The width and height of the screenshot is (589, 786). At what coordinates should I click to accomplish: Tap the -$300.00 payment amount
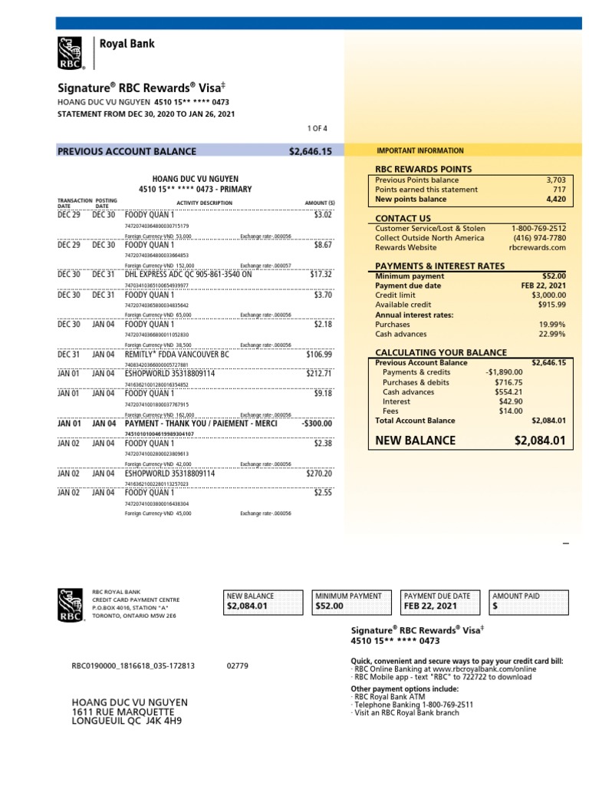(316, 424)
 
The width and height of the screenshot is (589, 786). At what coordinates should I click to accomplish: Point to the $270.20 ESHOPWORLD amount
(318, 474)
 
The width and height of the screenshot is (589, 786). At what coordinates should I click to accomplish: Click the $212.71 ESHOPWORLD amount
(318, 374)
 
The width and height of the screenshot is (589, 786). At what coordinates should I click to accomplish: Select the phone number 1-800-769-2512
(538, 229)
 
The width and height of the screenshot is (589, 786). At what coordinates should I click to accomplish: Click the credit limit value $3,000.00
(546, 295)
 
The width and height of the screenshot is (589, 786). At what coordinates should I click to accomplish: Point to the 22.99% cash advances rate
(551, 334)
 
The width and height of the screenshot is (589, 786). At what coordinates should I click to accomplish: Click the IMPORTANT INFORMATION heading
(420, 151)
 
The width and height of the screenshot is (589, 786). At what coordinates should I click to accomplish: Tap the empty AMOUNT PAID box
(530, 606)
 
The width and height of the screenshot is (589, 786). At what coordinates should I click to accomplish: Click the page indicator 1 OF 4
(315, 128)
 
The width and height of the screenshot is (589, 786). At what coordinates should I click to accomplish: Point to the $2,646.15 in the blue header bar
(310, 151)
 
